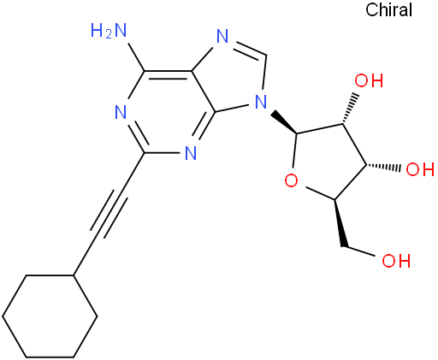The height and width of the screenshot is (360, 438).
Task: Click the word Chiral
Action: [x=388, y=9]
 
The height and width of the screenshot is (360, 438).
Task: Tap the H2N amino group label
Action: [x=109, y=31]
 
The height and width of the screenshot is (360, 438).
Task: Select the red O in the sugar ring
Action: [x=291, y=180]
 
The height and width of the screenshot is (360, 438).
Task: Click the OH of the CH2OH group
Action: [x=396, y=261]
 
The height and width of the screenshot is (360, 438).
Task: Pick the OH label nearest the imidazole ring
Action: [x=369, y=80]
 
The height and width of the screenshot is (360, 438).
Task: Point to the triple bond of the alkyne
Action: [x=109, y=214]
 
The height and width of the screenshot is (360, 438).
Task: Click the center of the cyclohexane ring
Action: [x=50, y=316]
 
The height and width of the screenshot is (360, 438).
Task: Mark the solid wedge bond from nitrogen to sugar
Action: [x=284, y=122]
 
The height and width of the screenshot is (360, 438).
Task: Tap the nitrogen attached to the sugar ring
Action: [x=261, y=101]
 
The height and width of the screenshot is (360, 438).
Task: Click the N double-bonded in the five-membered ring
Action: [x=222, y=36]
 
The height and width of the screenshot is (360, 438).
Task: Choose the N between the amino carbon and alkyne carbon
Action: [x=121, y=112]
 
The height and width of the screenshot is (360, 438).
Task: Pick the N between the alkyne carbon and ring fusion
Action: [x=191, y=153]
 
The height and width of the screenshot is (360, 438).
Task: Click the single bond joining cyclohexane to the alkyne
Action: [x=85, y=257]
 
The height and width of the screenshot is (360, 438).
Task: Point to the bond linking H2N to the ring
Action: [x=136, y=57]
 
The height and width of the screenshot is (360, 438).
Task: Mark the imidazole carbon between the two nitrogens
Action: [x=266, y=56]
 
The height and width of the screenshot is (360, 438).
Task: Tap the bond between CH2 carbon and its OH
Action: [x=359, y=251]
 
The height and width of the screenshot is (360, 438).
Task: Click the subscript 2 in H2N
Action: [x=108, y=35]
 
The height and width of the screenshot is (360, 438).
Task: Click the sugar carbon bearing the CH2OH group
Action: [x=334, y=199]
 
